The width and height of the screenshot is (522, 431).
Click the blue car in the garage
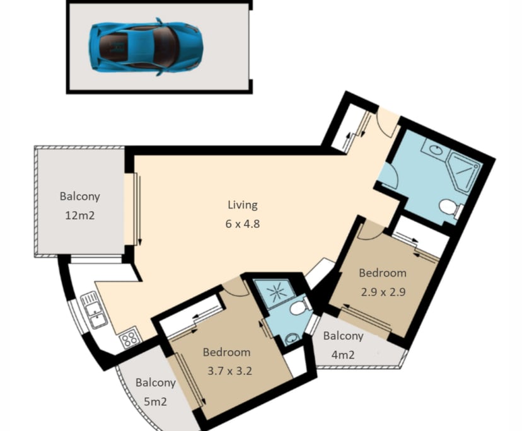tap(146, 47)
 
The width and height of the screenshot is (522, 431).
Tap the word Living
tap(242, 205)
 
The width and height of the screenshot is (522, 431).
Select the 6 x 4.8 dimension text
tap(242, 224)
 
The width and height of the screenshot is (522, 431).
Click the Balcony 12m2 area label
tap(79, 205)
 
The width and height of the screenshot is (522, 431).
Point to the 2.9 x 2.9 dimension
tap(383, 292)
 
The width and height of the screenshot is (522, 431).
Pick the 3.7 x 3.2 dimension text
tap(229, 371)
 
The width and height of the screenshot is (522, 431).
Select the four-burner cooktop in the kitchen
tap(129, 337)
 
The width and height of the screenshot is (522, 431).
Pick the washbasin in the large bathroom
tap(434, 149)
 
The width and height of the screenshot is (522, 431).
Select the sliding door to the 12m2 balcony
tap(137, 209)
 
